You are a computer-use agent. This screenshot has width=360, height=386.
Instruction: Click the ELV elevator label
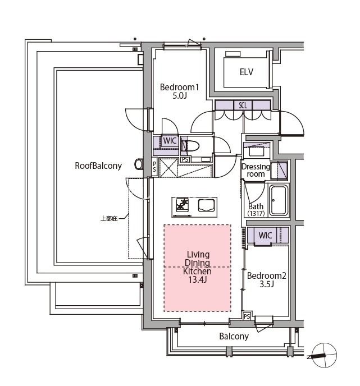point(246,72)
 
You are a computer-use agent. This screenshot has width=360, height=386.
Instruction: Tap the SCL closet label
point(243,105)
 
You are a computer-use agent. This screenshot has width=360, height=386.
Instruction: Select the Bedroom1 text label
point(179,87)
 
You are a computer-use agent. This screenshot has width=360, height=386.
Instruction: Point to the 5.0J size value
point(179,96)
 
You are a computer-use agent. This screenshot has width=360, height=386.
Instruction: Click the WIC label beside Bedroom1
point(170,141)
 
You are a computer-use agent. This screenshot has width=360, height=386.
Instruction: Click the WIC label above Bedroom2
point(265,235)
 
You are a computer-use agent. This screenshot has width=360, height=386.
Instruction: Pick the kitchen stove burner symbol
point(183,205)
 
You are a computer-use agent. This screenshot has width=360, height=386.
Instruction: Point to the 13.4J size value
point(197,279)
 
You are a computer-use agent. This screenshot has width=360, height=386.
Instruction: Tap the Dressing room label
point(256,170)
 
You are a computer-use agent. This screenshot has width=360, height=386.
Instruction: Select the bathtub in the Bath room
point(278,201)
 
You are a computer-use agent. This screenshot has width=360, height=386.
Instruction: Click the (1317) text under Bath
point(256,213)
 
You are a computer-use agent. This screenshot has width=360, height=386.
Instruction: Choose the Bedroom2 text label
point(267,275)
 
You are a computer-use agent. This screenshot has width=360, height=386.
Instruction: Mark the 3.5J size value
point(267,284)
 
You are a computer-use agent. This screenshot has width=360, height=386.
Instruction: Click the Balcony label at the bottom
point(234,336)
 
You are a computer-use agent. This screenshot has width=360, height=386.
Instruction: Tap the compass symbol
point(325,355)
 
